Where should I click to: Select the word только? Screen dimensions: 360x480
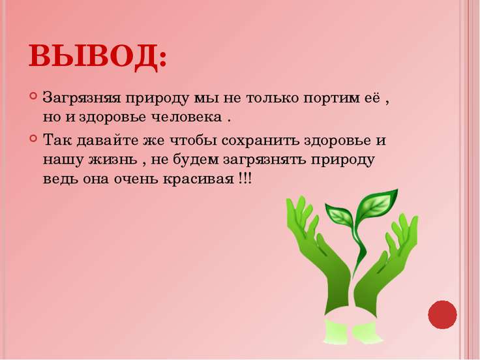270,99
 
